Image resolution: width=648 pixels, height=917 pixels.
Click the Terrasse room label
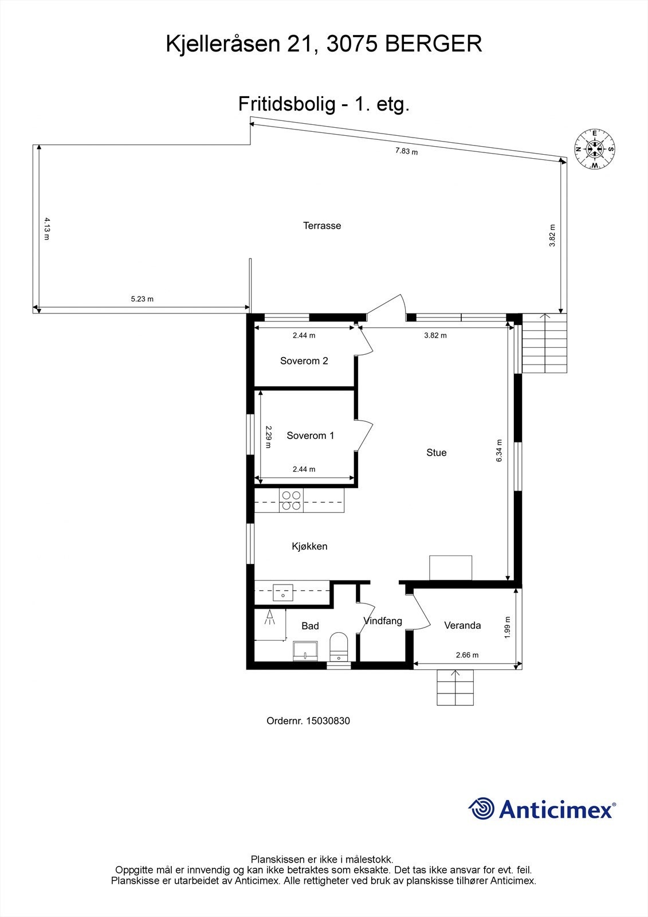pyautogui.click(x=322, y=226)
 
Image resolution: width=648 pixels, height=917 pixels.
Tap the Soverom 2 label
pyautogui.click(x=304, y=361)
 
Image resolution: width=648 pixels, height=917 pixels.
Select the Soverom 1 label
pyautogui.click(x=310, y=436)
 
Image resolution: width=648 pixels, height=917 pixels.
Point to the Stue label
pyautogui.click(x=436, y=453)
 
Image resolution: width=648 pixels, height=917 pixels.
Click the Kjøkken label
pyautogui.click(x=309, y=546)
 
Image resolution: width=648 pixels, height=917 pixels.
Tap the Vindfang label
pyautogui.click(x=383, y=621)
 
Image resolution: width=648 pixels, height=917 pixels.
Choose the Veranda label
pyautogui.click(x=462, y=625)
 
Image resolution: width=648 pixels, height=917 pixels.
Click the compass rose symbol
pyautogui.click(x=595, y=149)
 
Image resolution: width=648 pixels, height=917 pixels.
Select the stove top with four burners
pyautogui.click(x=291, y=501)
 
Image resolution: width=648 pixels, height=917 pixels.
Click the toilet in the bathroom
pyautogui.click(x=339, y=645)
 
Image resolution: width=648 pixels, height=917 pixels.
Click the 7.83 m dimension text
pyautogui.click(x=406, y=152)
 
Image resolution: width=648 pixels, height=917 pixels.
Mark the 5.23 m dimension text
pyautogui.click(x=142, y=299)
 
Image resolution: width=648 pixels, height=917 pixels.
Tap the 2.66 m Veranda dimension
pyautogui.click(x=467, y=655)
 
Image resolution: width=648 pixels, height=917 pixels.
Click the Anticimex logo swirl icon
pyautogui.click(x=481, y=809)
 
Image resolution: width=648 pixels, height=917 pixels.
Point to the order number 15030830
pyautogui.click(x=328, y=721)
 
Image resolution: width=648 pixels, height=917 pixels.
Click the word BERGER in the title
pyautogui.click(x=434, y=44)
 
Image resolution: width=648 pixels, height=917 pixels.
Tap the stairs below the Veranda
pyautogui.click(x=455, y=687)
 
